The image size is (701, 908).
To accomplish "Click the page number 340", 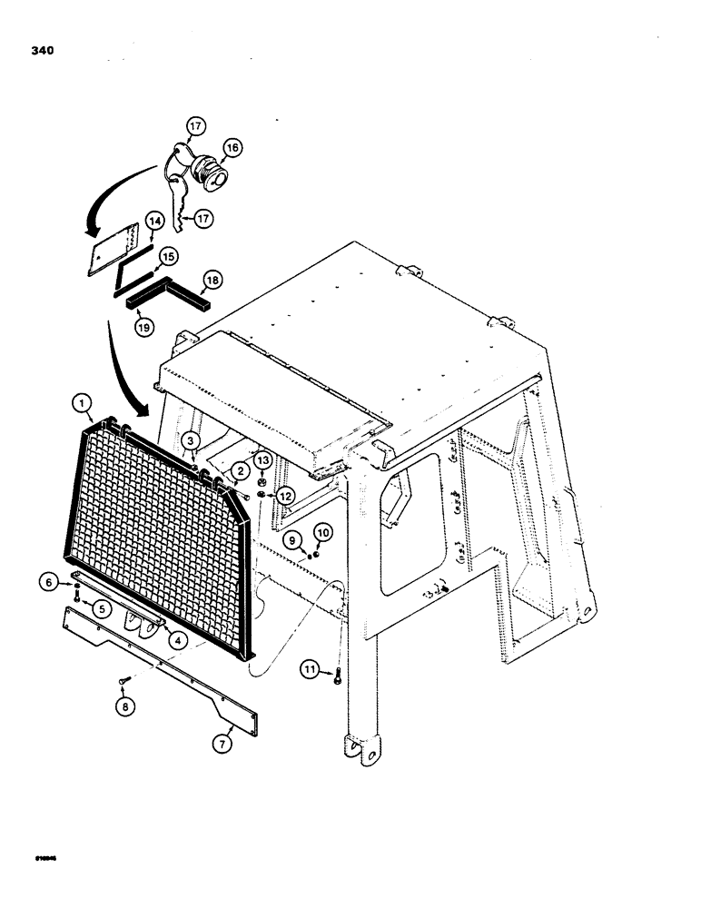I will (x=41, y=51).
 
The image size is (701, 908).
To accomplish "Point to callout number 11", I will (x=311, y=671).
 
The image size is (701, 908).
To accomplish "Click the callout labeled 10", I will (x=322, y=530).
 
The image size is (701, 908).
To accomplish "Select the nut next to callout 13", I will (x=262, y=480).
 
